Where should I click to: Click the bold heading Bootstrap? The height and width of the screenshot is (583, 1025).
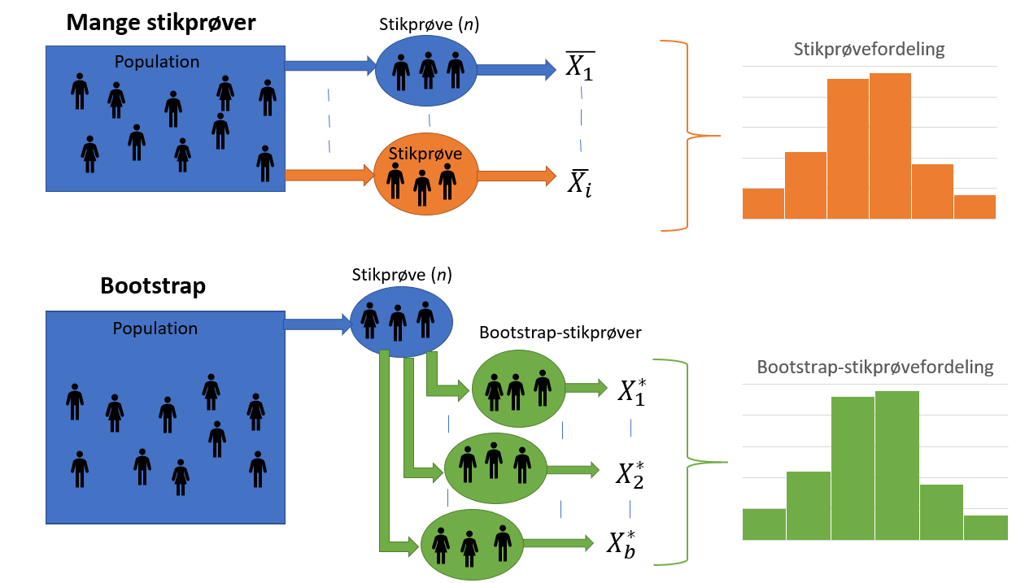tap(153, 286)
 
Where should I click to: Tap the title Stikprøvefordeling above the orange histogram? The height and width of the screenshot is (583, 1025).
tap(869, 49)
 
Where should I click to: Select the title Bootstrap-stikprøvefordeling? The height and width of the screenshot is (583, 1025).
tap(875, 367)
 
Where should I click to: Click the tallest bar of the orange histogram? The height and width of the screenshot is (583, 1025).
tap(890, 146)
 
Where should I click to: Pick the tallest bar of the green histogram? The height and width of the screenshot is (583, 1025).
tap(896, 465)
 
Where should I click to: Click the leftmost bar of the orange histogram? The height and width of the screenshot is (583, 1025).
tap(763, 204)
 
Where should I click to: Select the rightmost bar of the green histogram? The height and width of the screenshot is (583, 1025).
tap(985, 527)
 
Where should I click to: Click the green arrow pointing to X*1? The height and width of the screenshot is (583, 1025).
tap(586, 389)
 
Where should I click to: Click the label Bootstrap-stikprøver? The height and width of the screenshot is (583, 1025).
tap(560, 333)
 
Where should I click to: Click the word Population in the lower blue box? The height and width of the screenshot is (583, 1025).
tap(155, 328)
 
